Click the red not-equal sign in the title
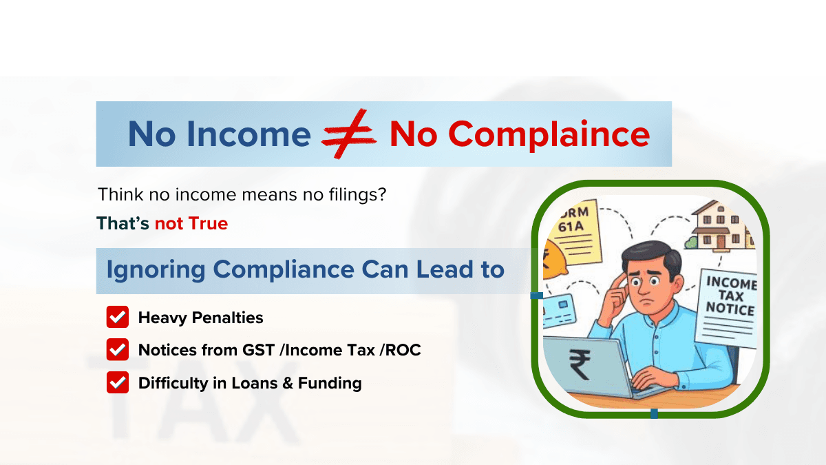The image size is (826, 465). (349, 134)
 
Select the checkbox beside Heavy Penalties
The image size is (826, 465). (118, 318)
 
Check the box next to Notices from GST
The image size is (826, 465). (118, 350)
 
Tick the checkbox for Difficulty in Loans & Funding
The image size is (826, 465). (118, 383)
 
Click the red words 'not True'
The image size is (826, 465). (191, 223)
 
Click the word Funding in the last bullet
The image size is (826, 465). (330, 383)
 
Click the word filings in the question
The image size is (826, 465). (348, 194)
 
